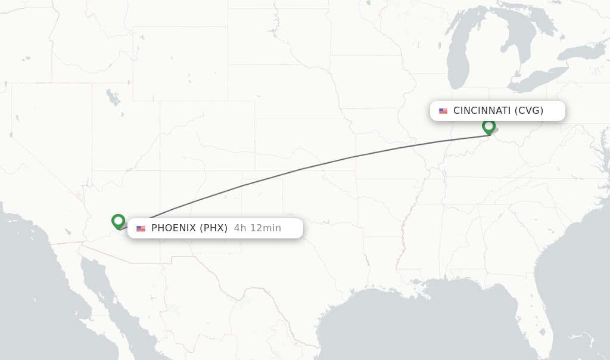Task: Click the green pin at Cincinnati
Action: [488, 126]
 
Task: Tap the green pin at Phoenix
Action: [118, 221]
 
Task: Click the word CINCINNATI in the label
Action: [481, 111]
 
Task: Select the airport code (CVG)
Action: [529, 111]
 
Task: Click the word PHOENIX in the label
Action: [174, 228]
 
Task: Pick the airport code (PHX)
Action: [213, 228]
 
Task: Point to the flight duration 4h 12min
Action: [257, 228]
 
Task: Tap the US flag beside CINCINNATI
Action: [443, 111]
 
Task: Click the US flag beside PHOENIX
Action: [141, 228]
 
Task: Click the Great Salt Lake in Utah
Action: [112, 97]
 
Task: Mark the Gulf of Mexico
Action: [417, 322]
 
